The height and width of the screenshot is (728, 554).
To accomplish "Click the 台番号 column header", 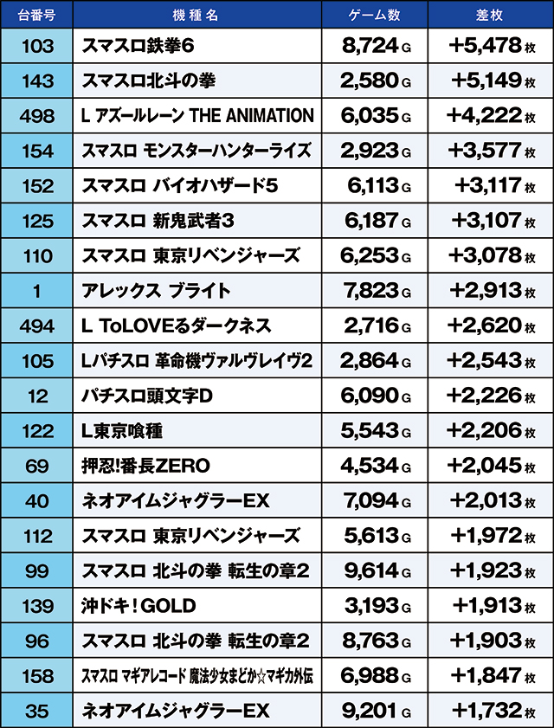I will (x=36, y=16).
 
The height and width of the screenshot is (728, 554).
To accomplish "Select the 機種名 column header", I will (x=196, y=16).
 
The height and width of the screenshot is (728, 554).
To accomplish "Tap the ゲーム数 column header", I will (x=374, y=16).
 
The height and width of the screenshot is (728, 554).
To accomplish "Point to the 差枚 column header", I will (x=490, y=16).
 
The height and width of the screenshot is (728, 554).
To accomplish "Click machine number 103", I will (x=36, y=46).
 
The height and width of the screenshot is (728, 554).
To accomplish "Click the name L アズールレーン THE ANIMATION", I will (x=197, y=115).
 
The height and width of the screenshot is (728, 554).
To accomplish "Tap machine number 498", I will (x=36, y=115).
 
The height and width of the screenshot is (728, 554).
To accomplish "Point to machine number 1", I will (x=36, y=291).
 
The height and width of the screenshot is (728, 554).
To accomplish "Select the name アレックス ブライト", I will (x=157, y=291).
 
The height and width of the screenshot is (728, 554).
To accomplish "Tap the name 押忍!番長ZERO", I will (x=146, y=466).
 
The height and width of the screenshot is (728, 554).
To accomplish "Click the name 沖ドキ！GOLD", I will (x=139, y=605).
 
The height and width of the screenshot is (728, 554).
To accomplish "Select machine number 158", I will (x=36, y=675).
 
